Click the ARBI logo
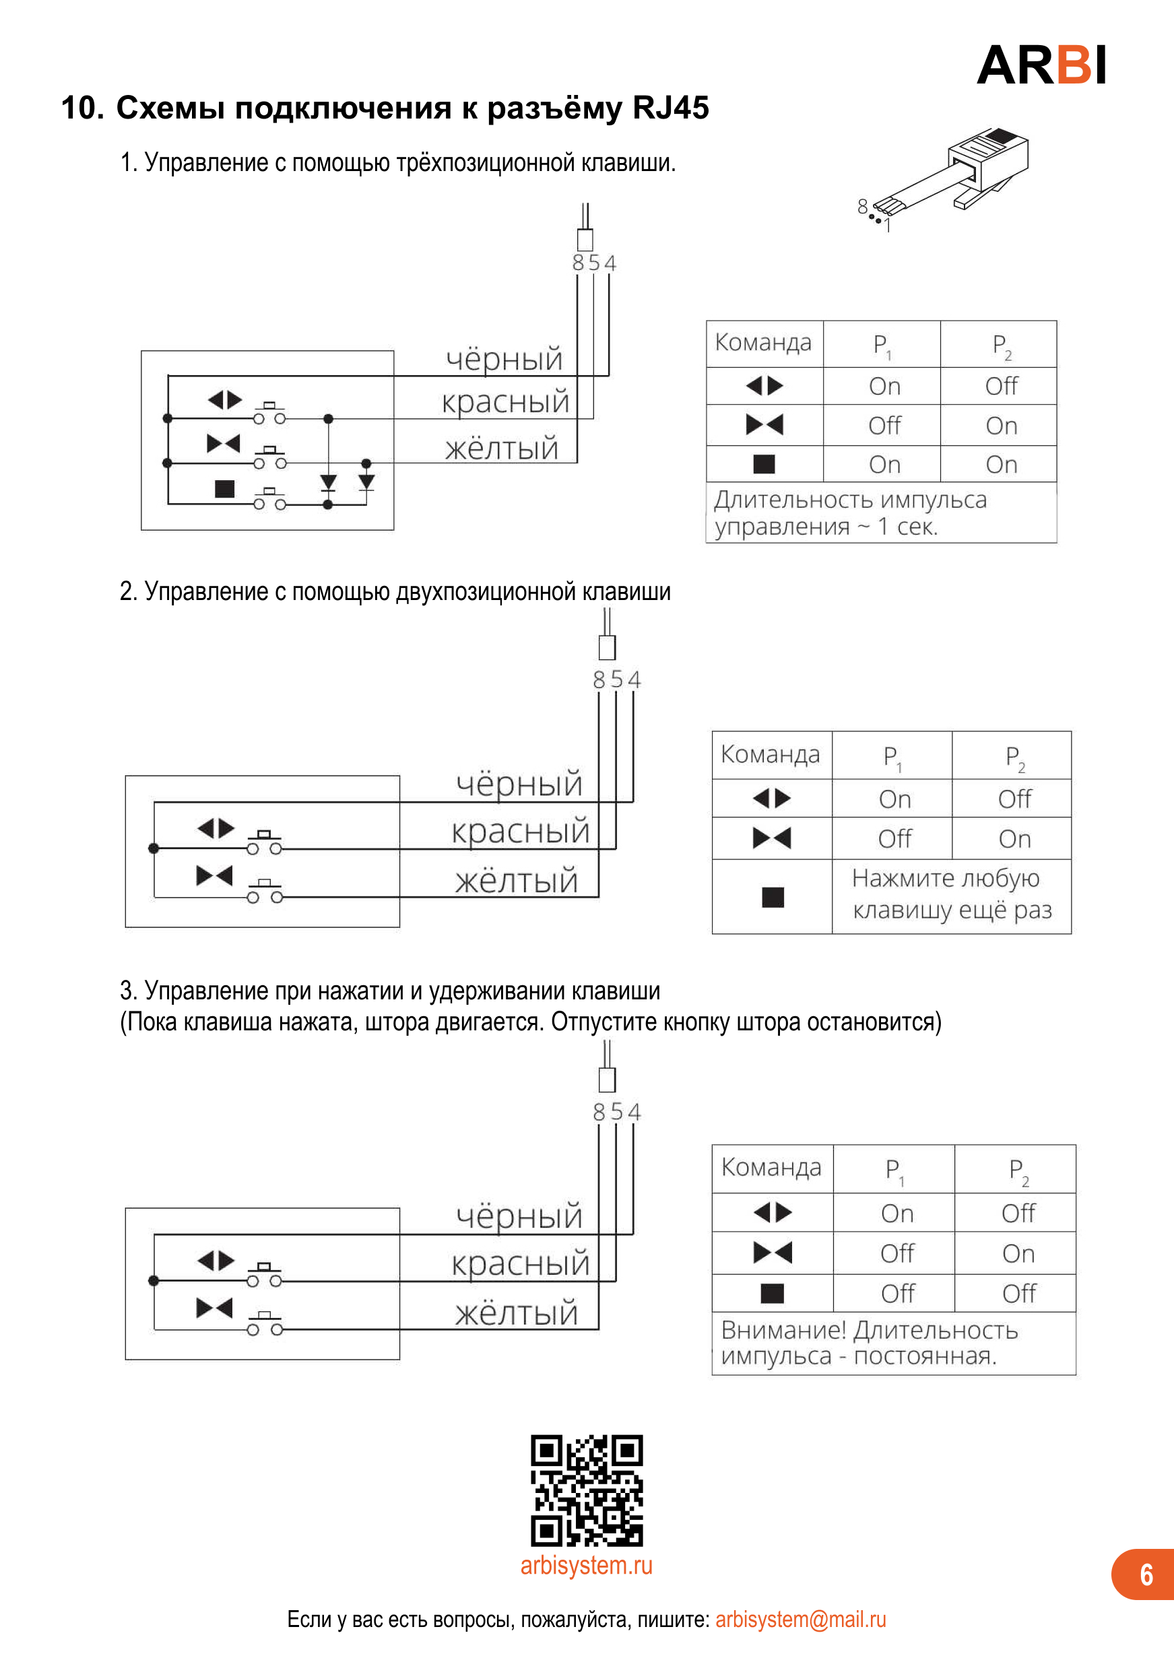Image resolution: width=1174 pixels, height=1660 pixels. (1041, 65)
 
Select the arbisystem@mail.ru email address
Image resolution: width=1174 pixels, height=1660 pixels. (800, 1619)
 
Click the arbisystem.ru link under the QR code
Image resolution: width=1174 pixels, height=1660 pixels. (586, 1564)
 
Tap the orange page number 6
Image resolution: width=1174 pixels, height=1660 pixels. (1146, 1574)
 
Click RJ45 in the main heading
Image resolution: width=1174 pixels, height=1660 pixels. (670, 108)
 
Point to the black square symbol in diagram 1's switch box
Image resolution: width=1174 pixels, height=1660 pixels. (225, 489)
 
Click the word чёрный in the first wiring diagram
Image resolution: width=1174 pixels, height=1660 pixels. (504, 360)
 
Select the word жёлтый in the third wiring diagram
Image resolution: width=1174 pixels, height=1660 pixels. (516, 1313)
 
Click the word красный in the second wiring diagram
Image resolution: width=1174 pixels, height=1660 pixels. (521, 832)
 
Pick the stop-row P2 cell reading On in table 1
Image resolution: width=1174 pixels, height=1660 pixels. (1001, 464)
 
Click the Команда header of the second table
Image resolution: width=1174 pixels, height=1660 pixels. (770, 754)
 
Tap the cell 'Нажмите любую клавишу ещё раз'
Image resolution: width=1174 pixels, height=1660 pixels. (951, 894)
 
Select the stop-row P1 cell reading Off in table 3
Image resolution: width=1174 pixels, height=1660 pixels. (897, 1293)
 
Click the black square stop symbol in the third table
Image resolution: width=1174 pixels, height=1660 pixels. (772, 1293)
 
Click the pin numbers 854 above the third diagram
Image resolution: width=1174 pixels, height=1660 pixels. (617, 1111)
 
